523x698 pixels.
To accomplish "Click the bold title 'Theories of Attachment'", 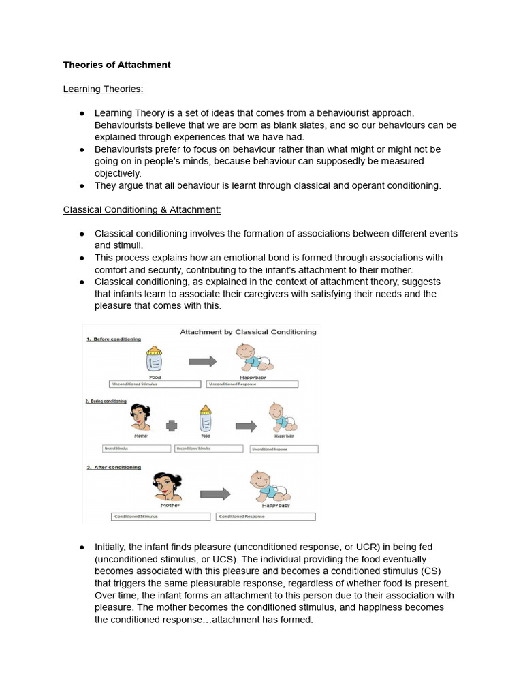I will coord(116,65).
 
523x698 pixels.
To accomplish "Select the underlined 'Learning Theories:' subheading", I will coord(103,89).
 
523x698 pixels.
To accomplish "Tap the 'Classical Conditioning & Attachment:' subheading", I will coord(142,209).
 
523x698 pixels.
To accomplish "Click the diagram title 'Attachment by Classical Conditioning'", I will coord(248,332).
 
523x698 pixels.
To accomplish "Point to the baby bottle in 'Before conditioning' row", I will coord(155,359).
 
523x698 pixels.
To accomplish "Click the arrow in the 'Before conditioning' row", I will coord(202,361).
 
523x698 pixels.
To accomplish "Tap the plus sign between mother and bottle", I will coord(172,425).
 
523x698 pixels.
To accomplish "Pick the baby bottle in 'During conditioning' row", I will coord(205,419).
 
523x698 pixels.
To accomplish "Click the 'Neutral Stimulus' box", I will coord(136,449).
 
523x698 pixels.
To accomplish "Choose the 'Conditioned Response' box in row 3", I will coord(266,517).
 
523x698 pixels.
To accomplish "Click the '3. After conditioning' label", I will coord(114,468).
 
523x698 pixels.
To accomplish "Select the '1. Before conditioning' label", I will coord(114,339).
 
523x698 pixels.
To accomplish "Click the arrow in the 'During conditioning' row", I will coord(245,426).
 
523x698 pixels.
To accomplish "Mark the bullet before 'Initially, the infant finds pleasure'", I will coord(82,547).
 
